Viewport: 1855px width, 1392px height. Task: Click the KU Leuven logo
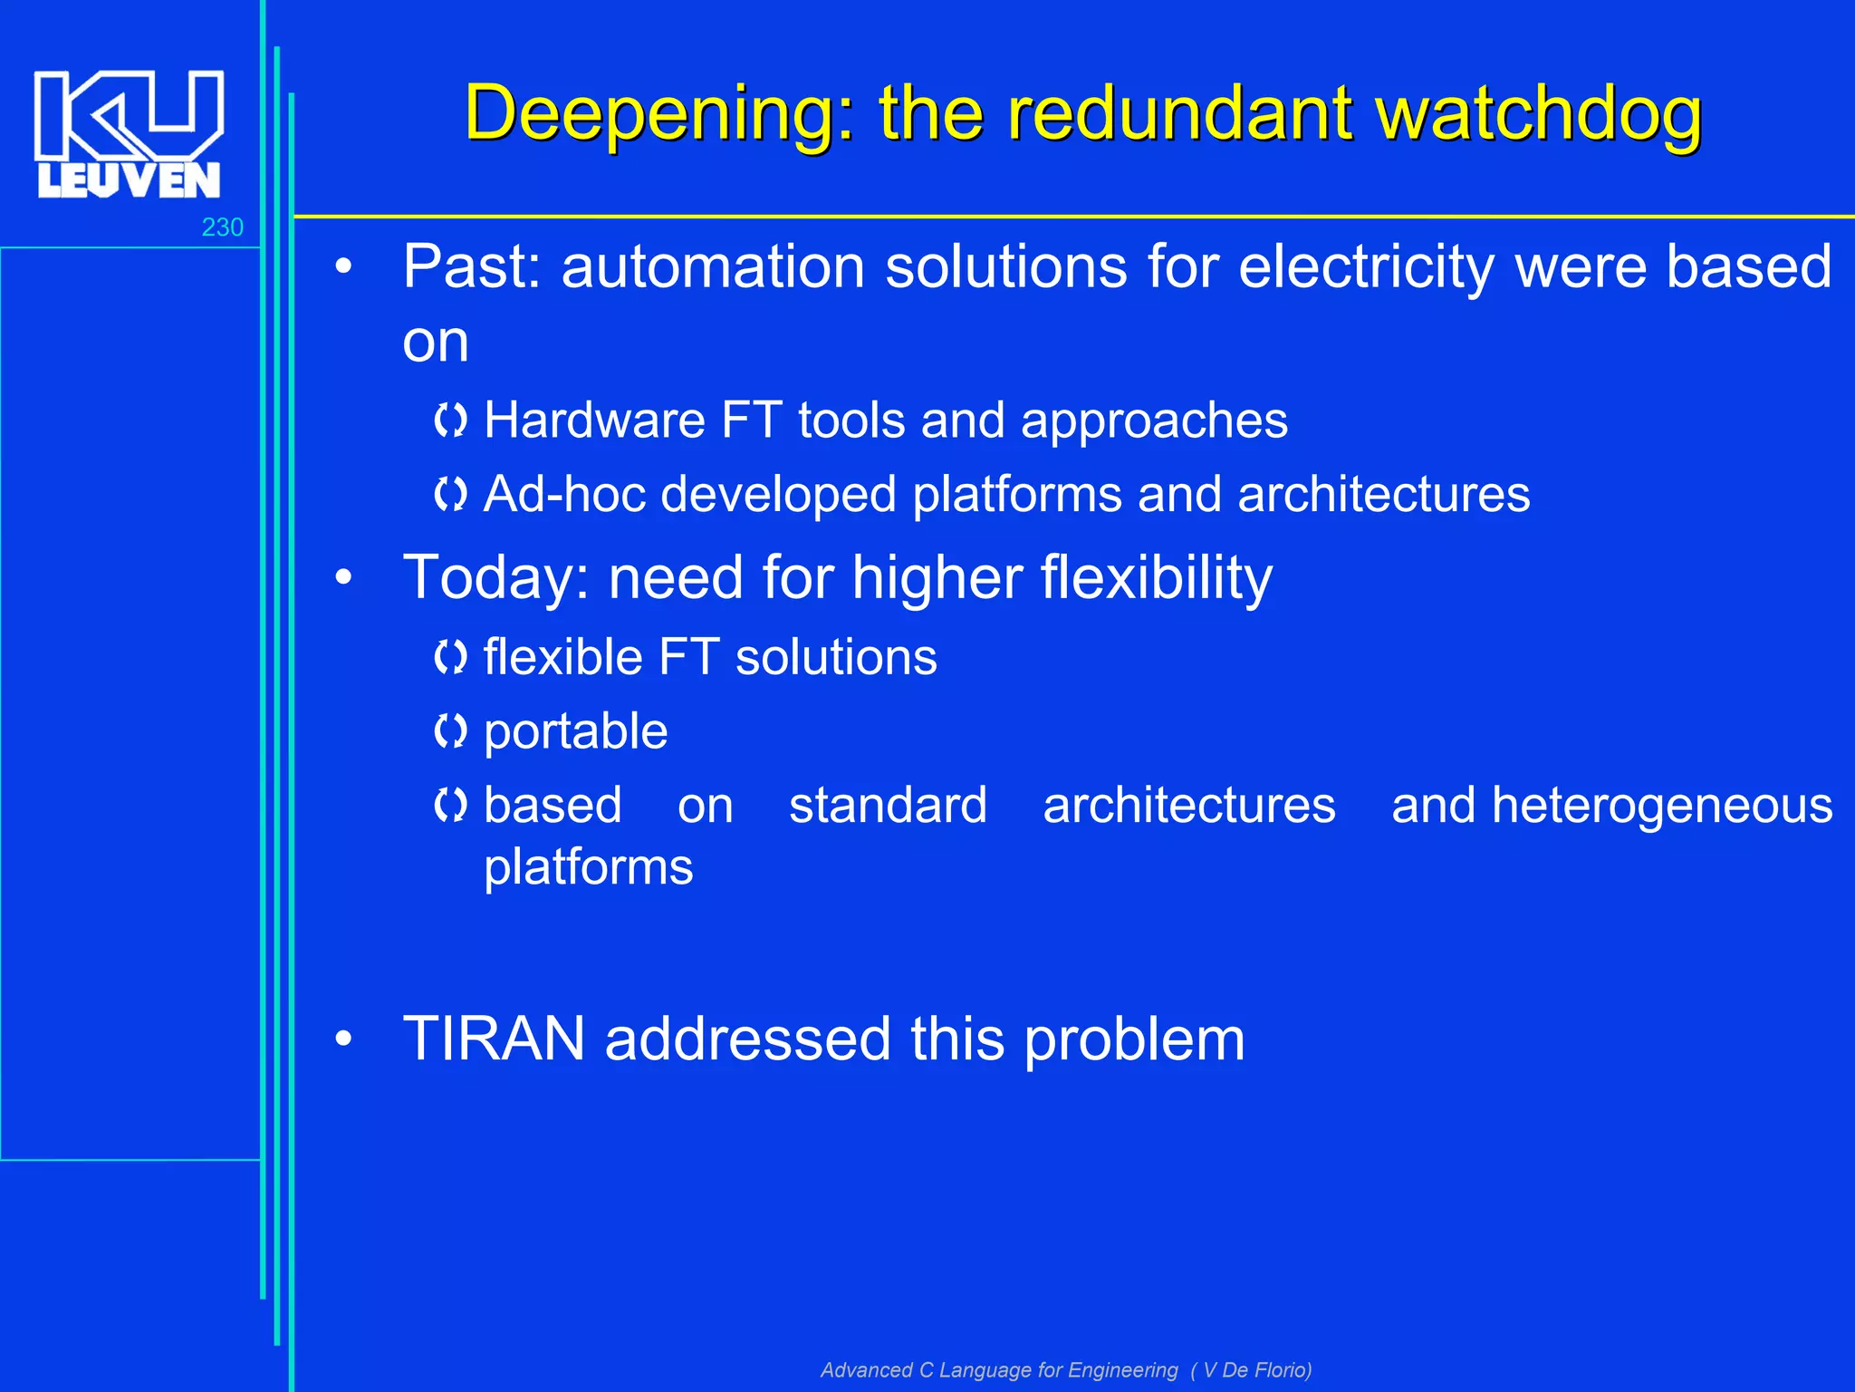[x=128, y=133]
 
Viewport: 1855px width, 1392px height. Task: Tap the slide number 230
[x=222, y=227]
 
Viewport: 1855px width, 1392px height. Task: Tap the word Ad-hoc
[x=564, y=495]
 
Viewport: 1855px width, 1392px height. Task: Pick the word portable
[x=575, y=732]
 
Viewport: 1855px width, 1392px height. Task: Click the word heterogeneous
[x=1661, y=806]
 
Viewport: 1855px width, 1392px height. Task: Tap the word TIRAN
[x=494, y=1039]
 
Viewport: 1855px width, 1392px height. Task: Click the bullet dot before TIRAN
[x=342, y=1039]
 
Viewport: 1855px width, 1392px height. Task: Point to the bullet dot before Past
[x=342, y=267]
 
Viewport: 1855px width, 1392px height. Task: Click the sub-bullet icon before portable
[x=450, y=730]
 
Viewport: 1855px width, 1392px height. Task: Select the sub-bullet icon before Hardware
[x=450, y=420]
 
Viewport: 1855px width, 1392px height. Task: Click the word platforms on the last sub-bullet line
[x=588, y=867]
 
